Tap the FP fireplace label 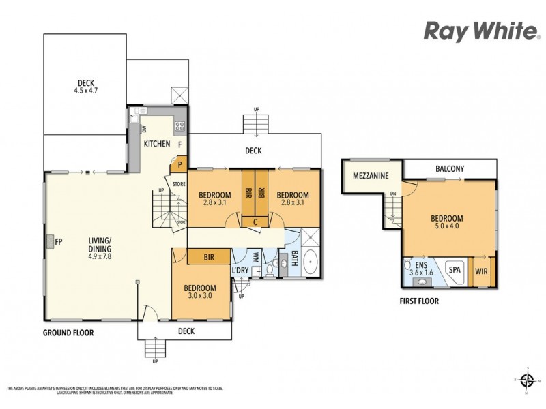(59, 241)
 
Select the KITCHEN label (156, 144)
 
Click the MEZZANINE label (371, 176)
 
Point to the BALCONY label (450, 168)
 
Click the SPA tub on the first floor (455, 270)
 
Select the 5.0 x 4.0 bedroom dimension (447, 228)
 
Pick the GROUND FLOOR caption (68, 333)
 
